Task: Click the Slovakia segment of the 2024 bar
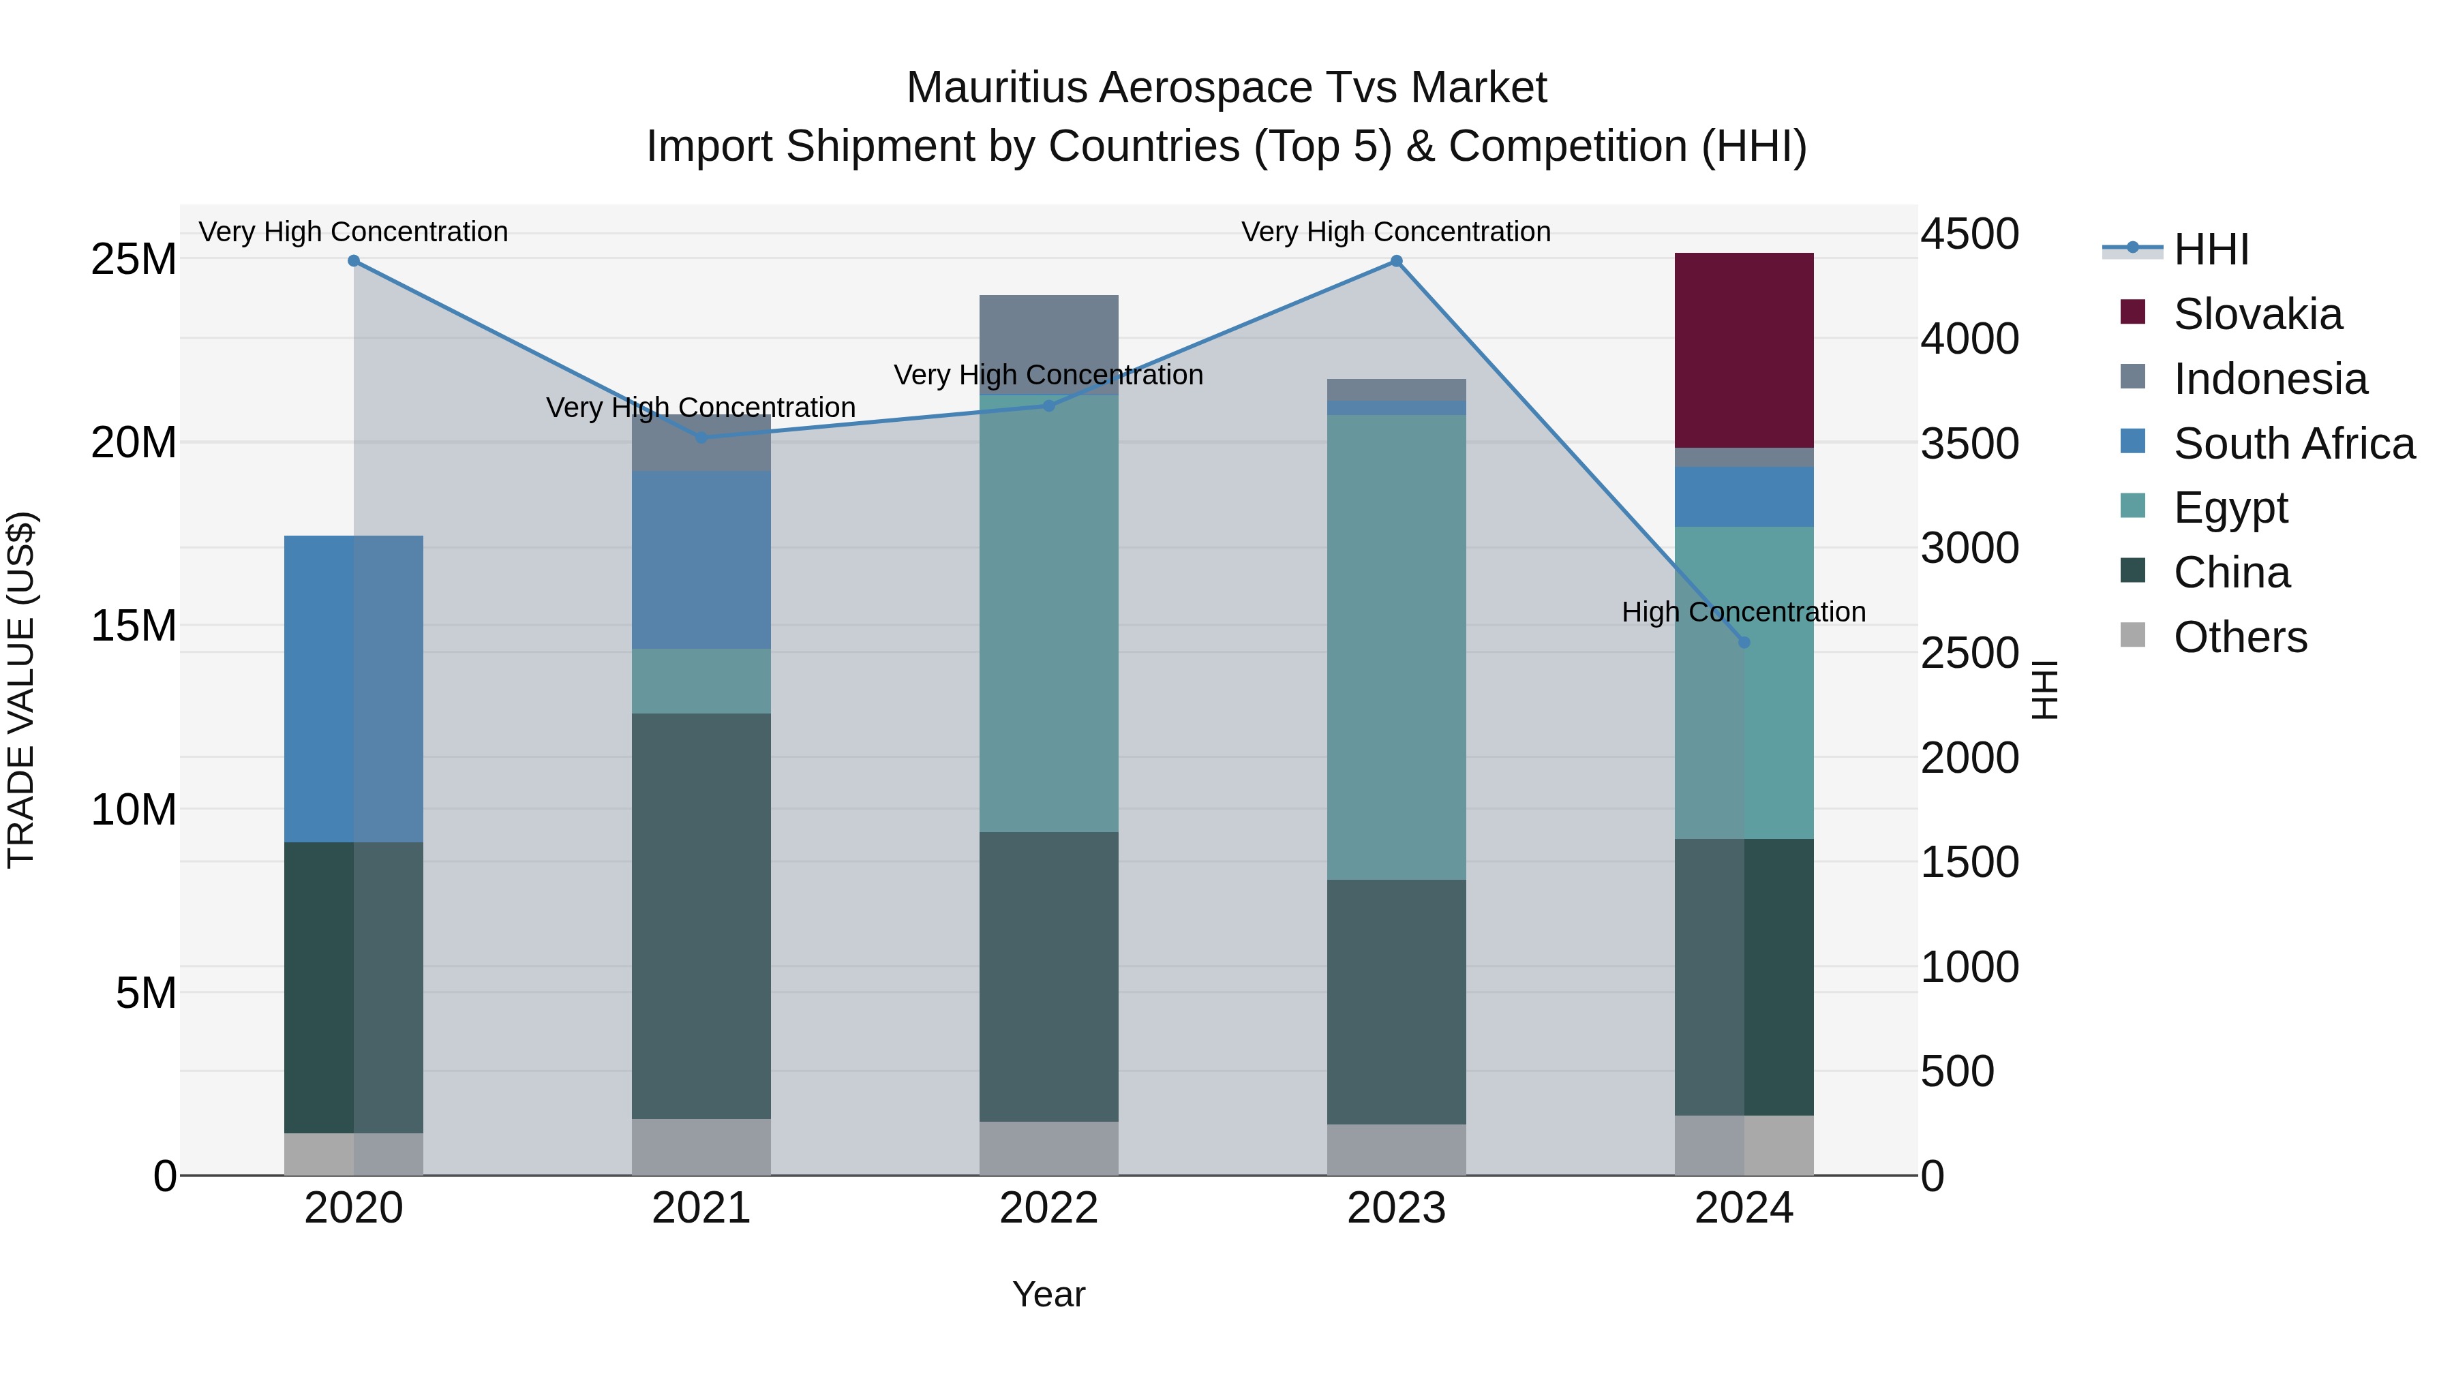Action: pyautogui.click(x=1743, y=350)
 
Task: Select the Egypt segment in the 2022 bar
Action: pyautogui.click(x=1048, y=613)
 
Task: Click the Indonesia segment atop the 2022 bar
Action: pyautogui.click(x=1048, y=343)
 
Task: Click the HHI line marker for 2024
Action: pyautogui.click(x=1743, y=642)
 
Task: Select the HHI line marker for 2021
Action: pyautogui.click(x=701, y=438)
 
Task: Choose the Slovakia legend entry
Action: pyautogui.click(x=2257, y=314)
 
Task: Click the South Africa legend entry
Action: pyautogui.click(x=2293, y=444)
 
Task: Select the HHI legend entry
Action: pyautogui.click(x=2210, y=249)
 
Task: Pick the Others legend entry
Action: pyautogui.click(x=2239, y=637)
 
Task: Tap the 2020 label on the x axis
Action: pyautogui.click(x=353, y=1208)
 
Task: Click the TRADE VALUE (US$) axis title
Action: pyautogui.click(x=21, y=690)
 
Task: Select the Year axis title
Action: pyautogui.click(x=1048, y=1294)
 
